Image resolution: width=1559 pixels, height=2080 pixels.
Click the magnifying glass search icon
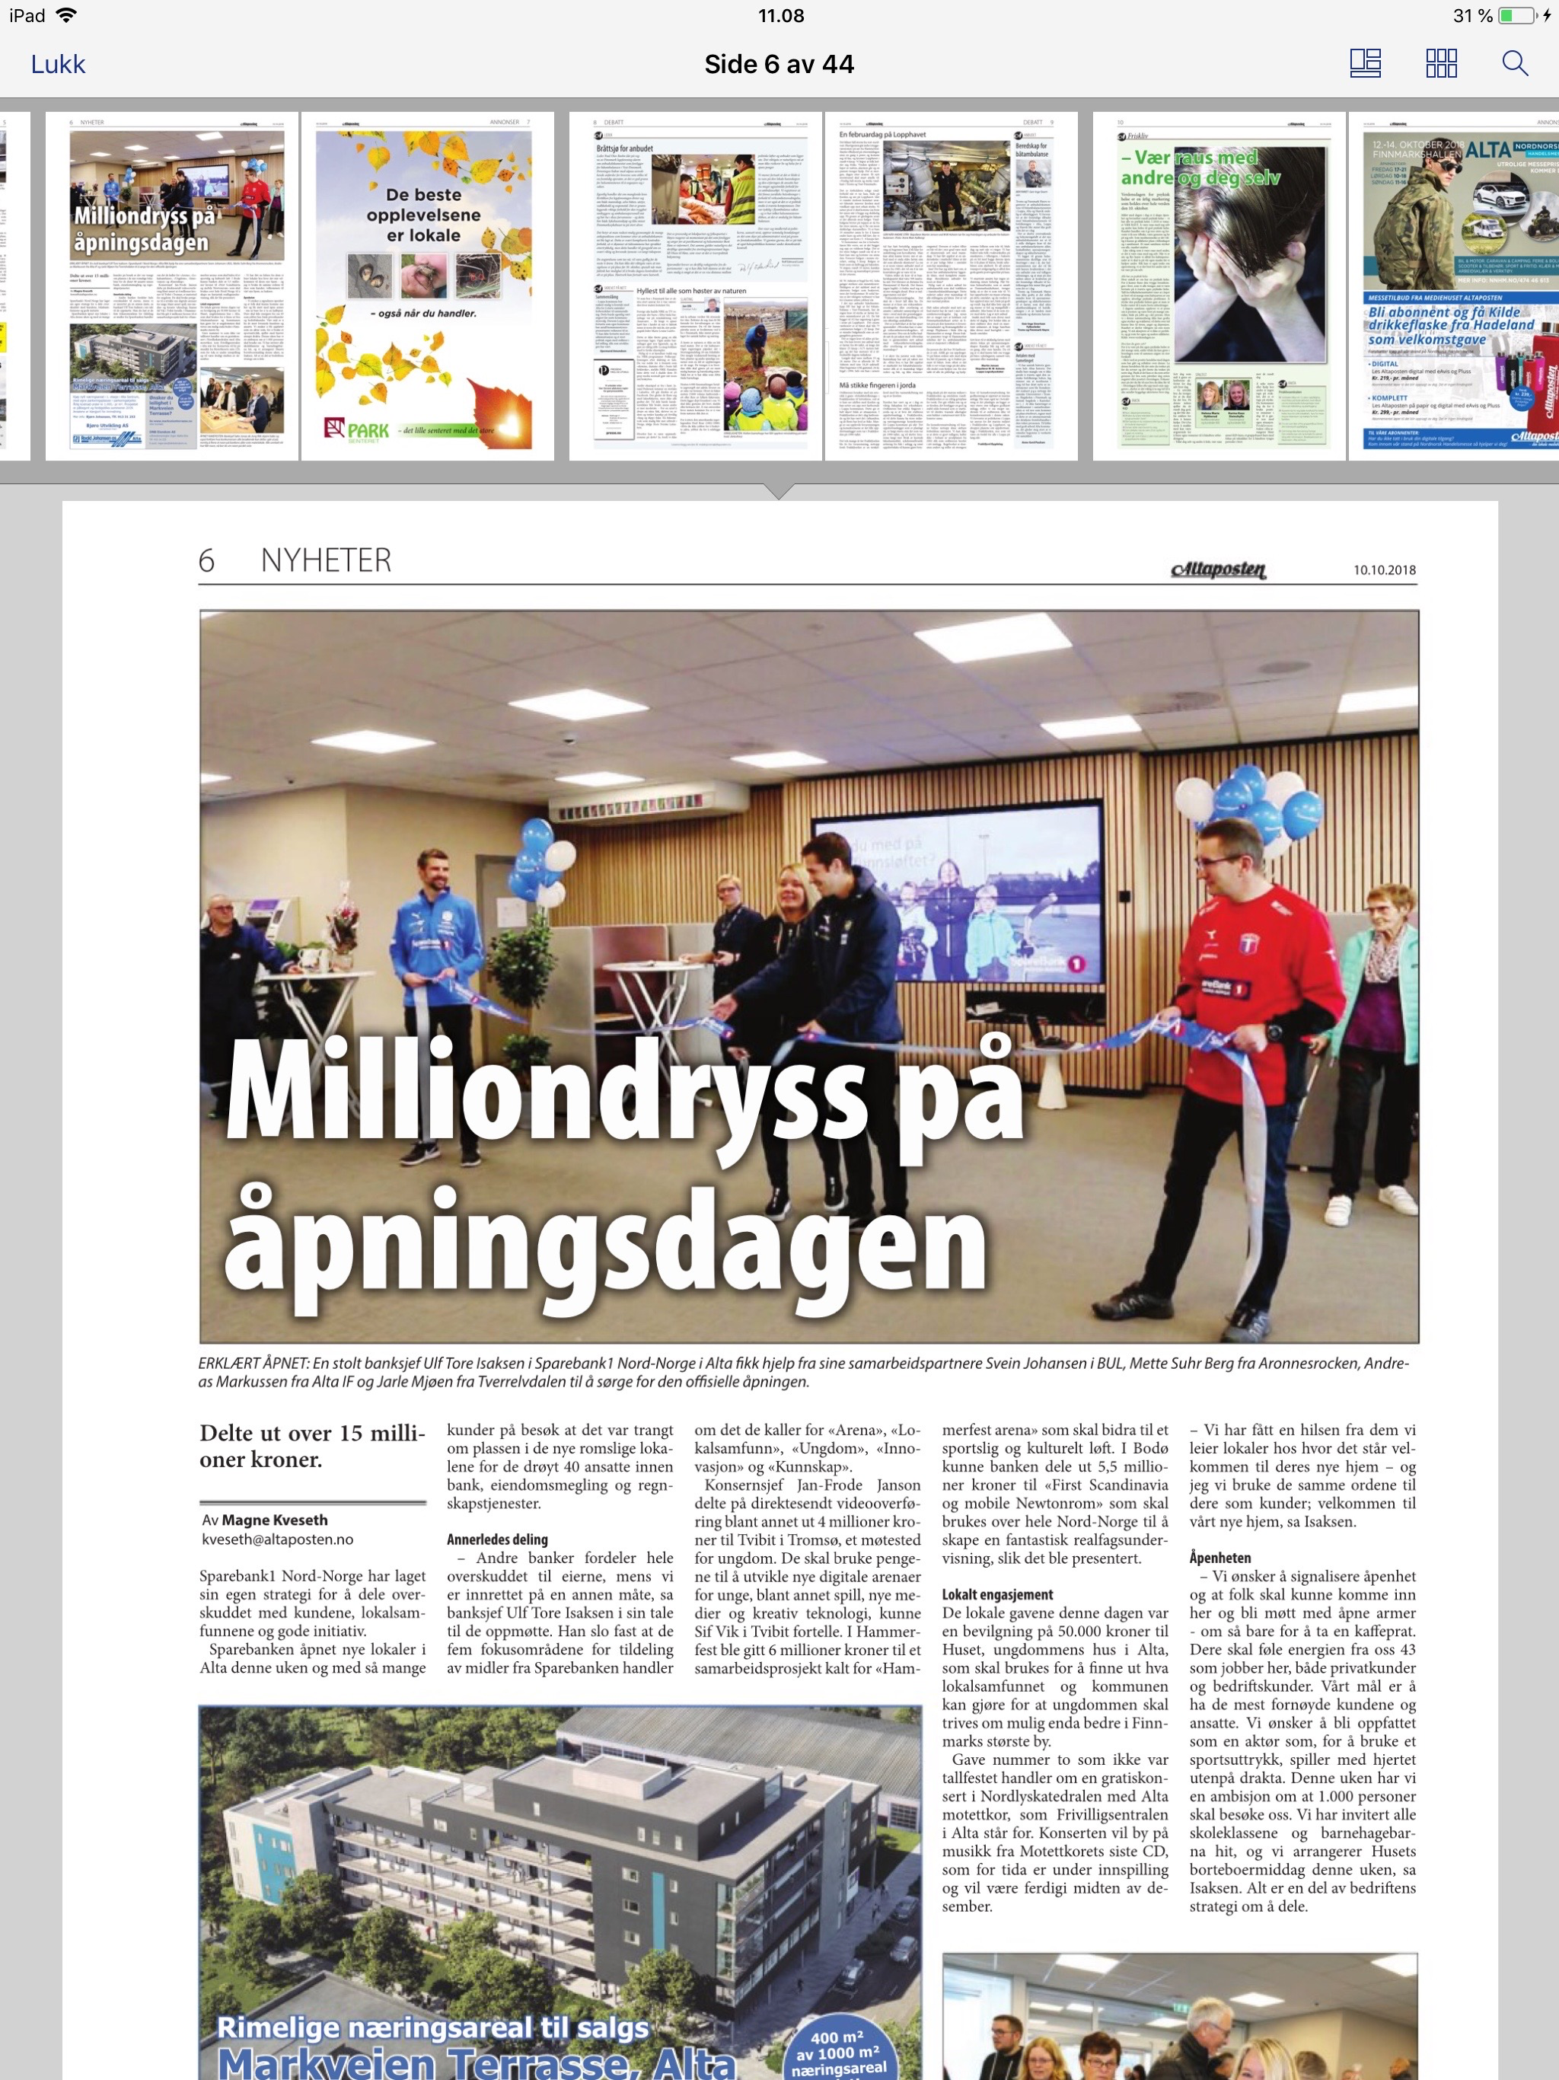1514,63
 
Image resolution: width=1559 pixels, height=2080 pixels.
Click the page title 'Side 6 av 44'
779,64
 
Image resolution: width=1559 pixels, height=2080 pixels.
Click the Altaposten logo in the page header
1219,569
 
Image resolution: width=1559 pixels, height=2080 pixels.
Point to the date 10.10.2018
1384,569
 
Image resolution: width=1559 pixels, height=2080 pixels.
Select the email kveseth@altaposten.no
277,1539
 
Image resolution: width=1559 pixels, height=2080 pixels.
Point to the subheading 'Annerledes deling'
496,1539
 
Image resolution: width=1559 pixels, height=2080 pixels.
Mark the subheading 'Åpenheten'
1219,1557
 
